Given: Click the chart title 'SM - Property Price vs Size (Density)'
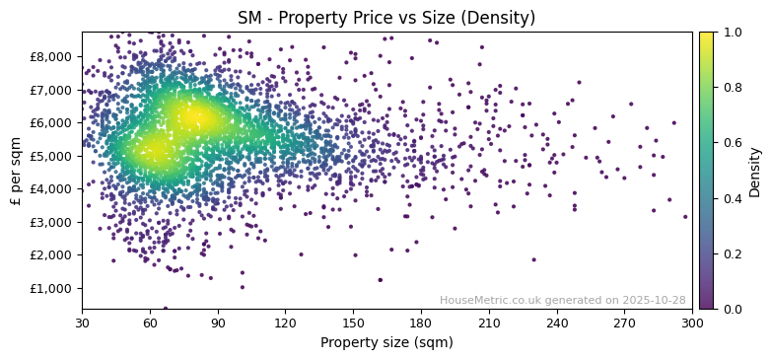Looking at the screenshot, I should tap(386, 18).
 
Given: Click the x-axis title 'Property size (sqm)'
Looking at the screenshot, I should tap(386, 343).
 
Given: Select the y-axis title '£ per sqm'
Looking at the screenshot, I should tap(16, 171).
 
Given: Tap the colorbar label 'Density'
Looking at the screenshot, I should tap(754, 171).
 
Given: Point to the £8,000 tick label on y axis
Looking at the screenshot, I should tap(53, 56).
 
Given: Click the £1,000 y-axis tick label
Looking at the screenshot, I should tap(53, 288).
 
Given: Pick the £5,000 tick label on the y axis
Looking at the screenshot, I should tap(53, 156).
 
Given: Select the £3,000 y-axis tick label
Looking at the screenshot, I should tap(53, 222).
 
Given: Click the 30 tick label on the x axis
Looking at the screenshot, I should tap(82, 323).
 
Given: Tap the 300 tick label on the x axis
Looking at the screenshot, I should tap(692, 323).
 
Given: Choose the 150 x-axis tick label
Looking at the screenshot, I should tap(353, 323).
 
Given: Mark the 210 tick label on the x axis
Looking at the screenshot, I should tap(489, 323).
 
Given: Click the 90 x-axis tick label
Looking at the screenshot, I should tap(218, 323).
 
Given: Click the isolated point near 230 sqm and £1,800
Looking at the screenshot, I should tap(533, 260).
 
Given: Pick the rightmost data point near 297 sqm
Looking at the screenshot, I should tap(685, 217).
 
